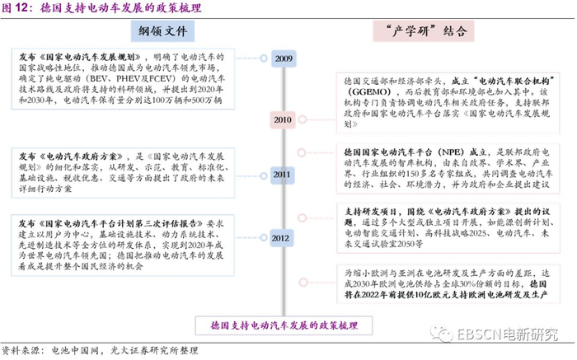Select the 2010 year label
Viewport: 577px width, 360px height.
[282, 119]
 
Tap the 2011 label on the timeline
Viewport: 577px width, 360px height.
[283, 175]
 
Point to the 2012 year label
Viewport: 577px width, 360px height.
[281, 238]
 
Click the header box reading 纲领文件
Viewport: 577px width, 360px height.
[163, 31]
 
